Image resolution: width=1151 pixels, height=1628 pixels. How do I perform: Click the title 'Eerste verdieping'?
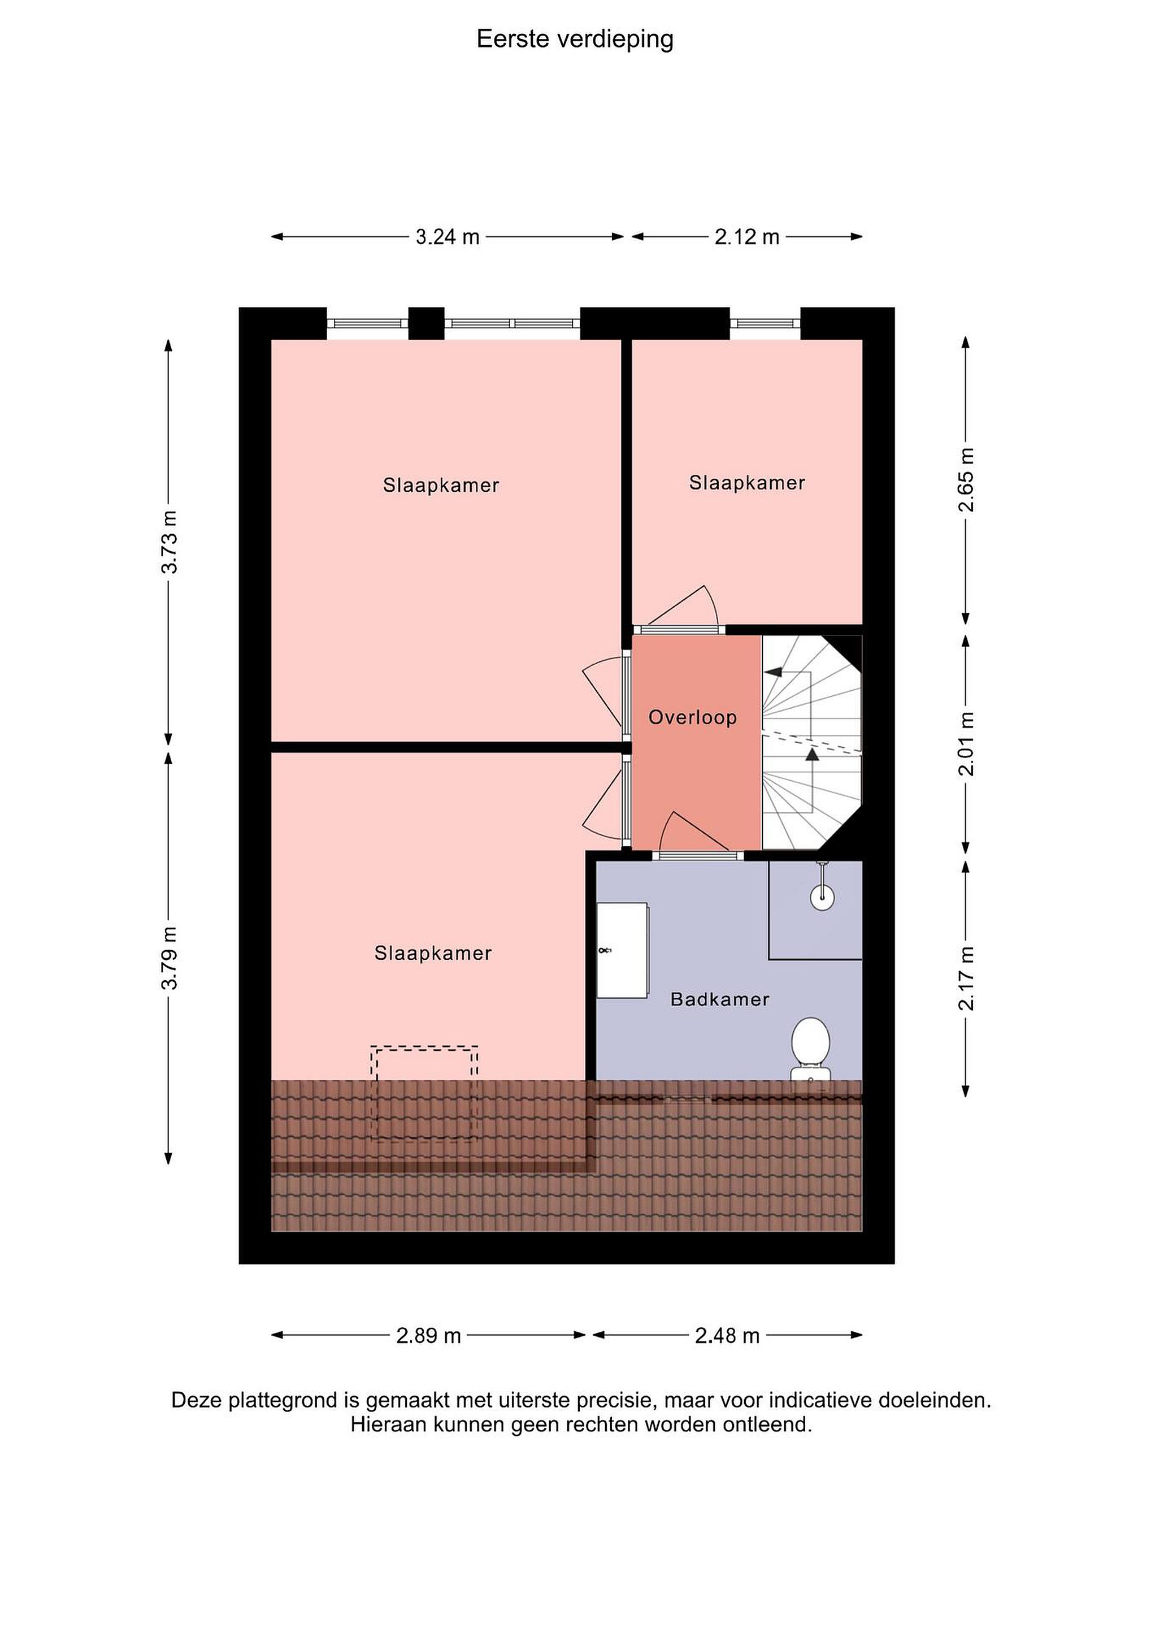point(575,40)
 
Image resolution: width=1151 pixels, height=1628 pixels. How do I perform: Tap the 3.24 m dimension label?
point(447,237)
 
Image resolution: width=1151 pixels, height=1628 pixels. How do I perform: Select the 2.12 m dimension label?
point(747,237)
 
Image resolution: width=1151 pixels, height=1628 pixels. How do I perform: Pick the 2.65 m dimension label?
point(966,480)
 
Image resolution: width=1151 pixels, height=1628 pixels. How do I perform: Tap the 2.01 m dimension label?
point(966,743)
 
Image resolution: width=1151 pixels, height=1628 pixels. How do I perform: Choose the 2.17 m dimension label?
point(966,978)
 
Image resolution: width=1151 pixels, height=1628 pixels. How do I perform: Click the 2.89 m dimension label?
point(429,1336)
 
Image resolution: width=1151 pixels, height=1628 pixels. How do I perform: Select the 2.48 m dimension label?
point(727,1336)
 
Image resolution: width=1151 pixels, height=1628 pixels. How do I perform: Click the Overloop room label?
point(692,717)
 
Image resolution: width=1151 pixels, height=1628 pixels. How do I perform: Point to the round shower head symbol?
point(822,897)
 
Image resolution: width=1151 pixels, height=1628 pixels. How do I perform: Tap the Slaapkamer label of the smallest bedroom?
point(747,483)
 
